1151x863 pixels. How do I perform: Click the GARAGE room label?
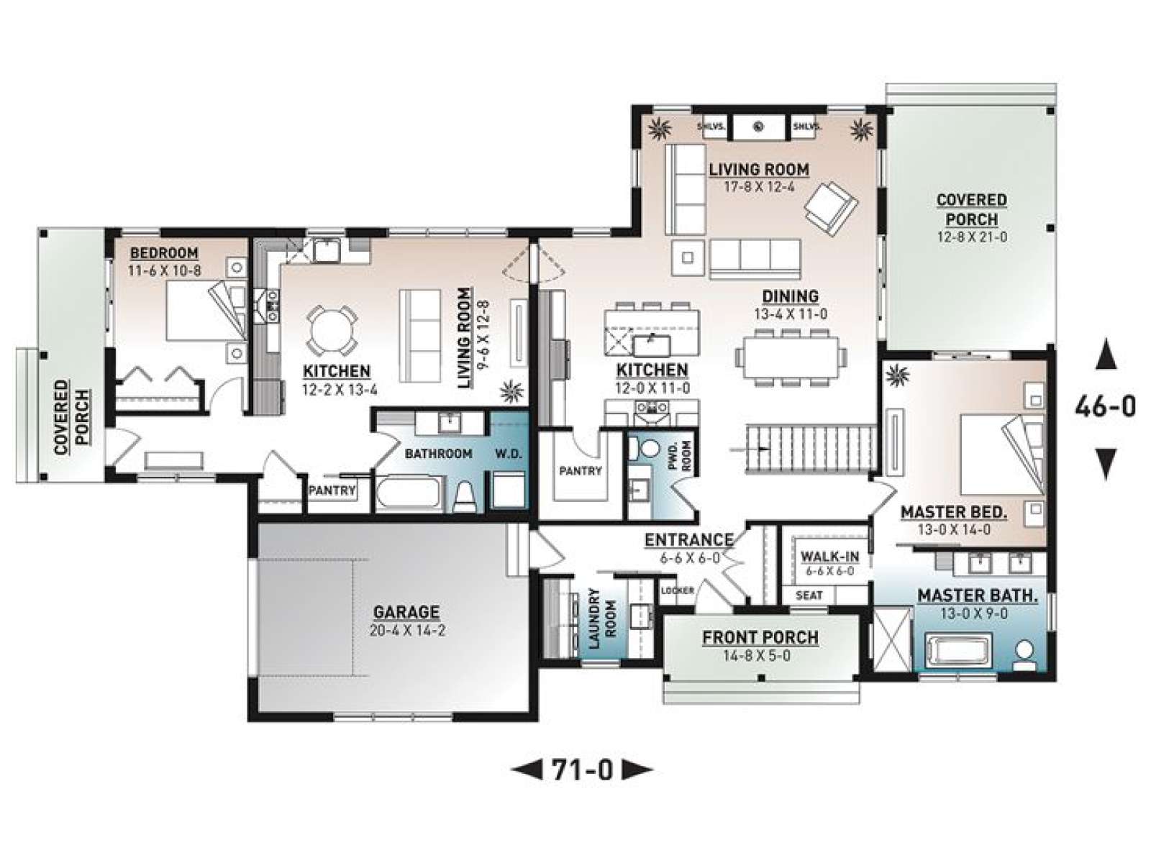pyautogui.click(x=406, y=611)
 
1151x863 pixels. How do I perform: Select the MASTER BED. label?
pyautogui.click(x=954, y=512)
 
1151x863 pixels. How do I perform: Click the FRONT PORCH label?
pyautogui.click(x=760, y=637)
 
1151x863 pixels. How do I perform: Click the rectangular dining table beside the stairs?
pyautogui.click(x=790, y=357)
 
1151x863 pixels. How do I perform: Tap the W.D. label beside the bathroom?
pyautogui.click(x=509, y=454)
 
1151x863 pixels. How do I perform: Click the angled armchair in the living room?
pyautogui.click(x=831, y=208)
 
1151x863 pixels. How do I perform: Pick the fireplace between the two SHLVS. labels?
pyautogui.click(x=759, y=127)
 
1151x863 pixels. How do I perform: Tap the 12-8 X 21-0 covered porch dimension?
pyautogui.click(x=972, y=237)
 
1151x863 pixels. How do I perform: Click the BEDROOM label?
pyautogui.click(x=164, y=253)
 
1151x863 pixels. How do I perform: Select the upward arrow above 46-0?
pyautogui.click(x=1106, y=355)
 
